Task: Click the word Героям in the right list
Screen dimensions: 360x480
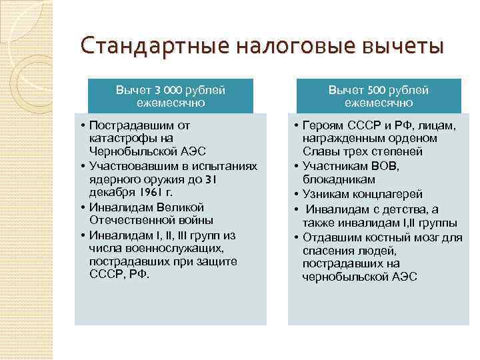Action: point(320,125)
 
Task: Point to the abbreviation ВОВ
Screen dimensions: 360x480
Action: point(381,166)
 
